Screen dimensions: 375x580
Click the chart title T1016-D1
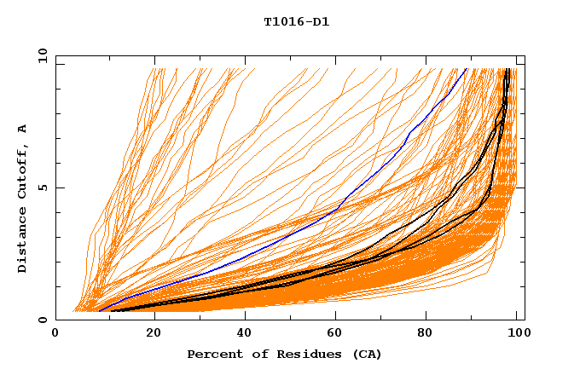[x=296, y=21]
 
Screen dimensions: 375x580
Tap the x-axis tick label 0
[x=55, y=334]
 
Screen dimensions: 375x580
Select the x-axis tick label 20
[x=154, y=334]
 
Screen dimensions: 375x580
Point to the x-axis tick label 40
[x=246, y=334]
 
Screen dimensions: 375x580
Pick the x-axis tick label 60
[x=338, y=334]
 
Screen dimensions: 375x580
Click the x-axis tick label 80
[x=431, y=334]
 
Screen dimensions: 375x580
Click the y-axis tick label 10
[x=41, y=55]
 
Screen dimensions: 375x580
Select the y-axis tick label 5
[x=44, y=187]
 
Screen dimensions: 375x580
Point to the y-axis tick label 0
[x=44, y=320]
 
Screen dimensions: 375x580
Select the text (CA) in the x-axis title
[x=365, y=354]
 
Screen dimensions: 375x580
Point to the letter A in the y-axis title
[x=22, y=130]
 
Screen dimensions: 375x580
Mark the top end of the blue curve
[x=467, y=69]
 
